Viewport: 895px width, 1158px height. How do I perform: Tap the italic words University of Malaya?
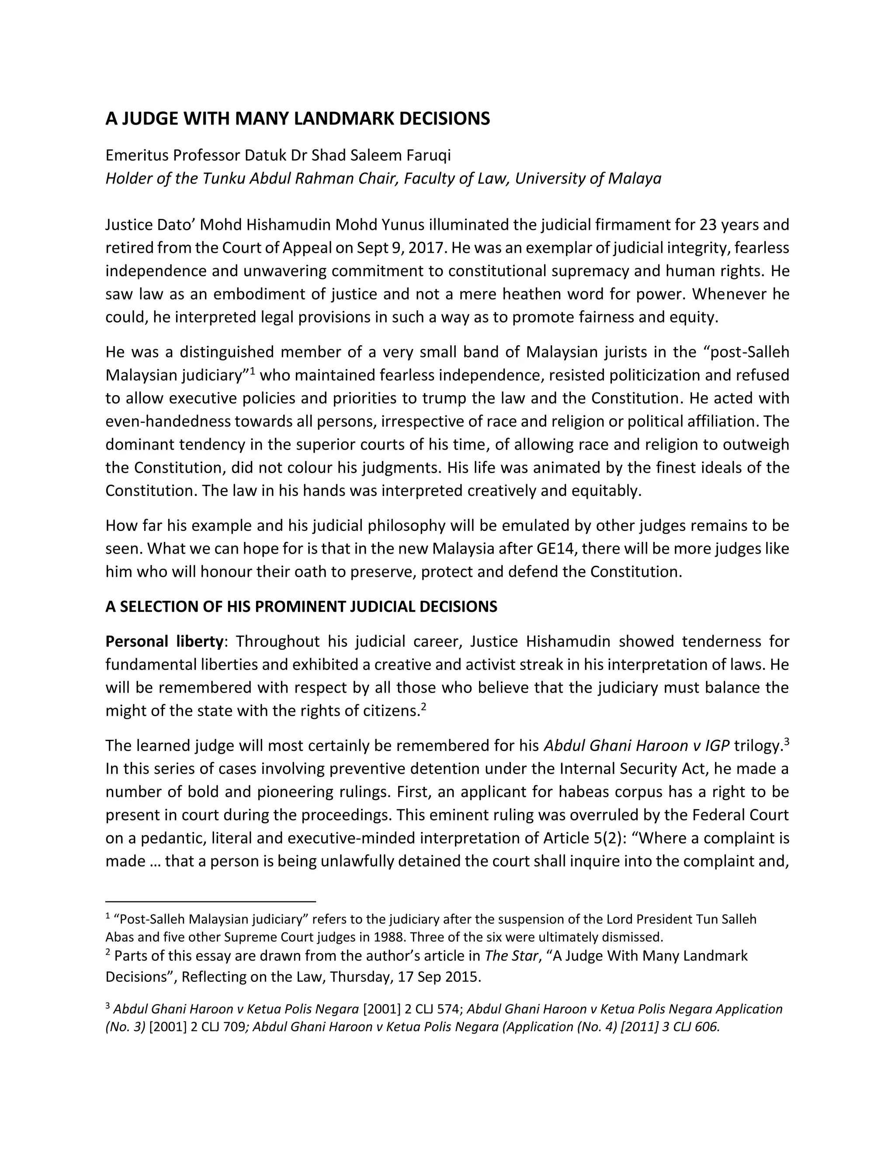(x=588, y=178)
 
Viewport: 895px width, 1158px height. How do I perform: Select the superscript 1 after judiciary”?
(x=253, y=371)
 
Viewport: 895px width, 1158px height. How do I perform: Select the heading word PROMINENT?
(x=298, y=607)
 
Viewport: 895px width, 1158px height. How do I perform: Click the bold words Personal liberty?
(x=164, y=641)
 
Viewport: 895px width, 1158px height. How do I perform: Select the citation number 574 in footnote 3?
(x=450, y=1009)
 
